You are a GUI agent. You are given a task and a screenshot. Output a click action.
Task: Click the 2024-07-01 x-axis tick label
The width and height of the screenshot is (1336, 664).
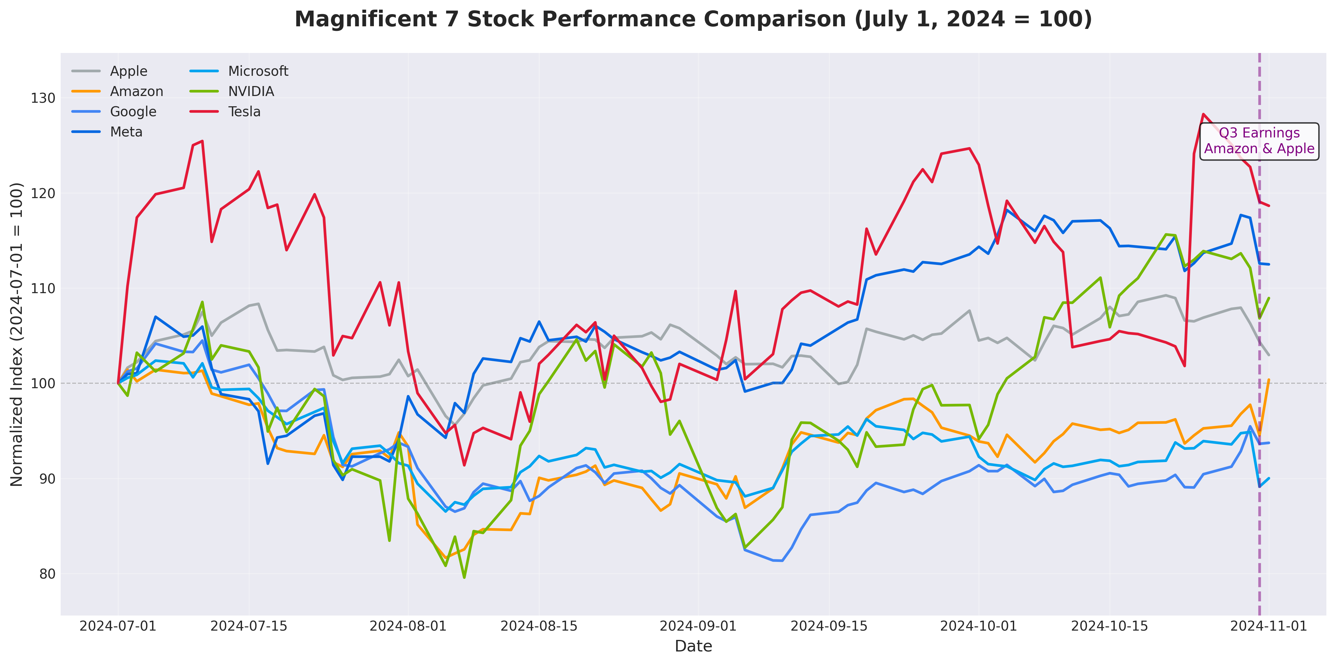(x=118, y=626)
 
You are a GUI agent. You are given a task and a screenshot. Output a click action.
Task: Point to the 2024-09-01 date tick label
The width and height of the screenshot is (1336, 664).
(x=698, y=626)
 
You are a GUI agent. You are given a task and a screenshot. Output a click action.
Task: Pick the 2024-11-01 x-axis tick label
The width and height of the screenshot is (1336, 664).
(x=1269, y=626)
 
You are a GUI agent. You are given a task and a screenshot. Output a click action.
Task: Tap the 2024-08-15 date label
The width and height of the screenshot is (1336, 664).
(x=539, y=626)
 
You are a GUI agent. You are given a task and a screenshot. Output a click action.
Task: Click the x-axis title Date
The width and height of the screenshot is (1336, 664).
(x=694, y=646)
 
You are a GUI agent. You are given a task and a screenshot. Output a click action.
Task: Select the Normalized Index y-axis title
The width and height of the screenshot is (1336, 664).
(x=17, y=335)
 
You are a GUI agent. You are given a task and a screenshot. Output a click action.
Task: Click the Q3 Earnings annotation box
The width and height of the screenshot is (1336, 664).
(x=1259, y=141)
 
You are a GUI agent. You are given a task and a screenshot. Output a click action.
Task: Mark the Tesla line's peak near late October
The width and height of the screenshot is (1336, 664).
(x=1203, y=114)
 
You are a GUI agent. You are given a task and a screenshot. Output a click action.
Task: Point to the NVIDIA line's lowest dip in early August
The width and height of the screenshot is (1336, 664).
(x=464, y=577)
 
